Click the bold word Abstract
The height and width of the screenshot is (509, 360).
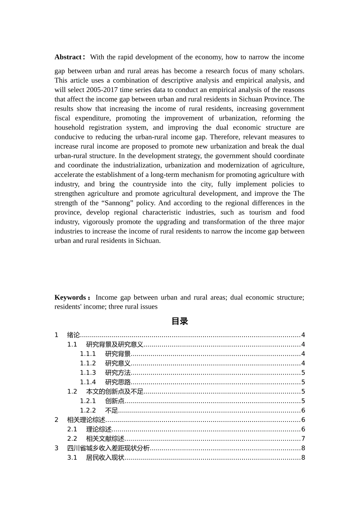[x=68, y=57]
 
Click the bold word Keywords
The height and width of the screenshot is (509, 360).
[x=70, y=298]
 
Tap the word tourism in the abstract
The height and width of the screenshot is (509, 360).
[x=260, y=212]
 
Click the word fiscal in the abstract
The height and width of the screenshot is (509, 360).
[x=62, y=118]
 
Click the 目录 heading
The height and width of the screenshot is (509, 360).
[x=180, y=321]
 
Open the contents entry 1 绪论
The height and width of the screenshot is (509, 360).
[x=74, y=335]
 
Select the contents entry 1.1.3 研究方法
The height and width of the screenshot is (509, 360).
[x=118, y=373]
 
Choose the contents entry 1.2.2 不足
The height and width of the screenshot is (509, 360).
[x=111, y=411]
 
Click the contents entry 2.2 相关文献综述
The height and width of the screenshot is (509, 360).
[x=105, y=439]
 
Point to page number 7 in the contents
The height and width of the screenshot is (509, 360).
[x=303, y=439]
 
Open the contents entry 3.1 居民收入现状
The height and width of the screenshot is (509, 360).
[x=105, y=457]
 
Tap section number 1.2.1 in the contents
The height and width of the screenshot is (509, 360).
[x=88, y=401]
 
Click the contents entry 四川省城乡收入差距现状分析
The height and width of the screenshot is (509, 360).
[x=108, y=448]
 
